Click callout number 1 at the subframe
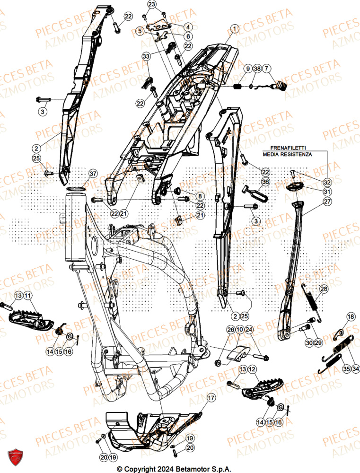[233, 29]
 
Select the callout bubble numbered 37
[93, 174]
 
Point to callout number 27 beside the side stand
[327, 201]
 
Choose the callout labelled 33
[146, 56]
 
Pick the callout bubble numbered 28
[323, 289]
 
